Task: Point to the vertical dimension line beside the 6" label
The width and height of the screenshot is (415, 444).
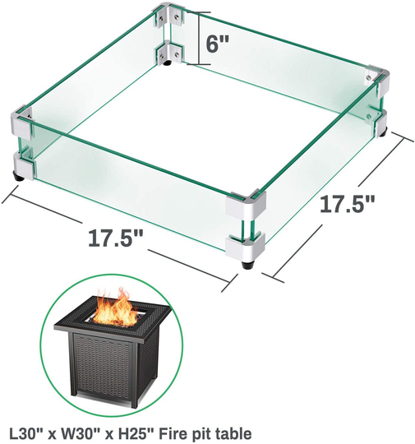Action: pos(197,37)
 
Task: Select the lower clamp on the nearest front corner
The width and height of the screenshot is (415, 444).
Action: pos(247,244)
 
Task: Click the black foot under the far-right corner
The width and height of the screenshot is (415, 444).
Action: pos(384,130)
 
